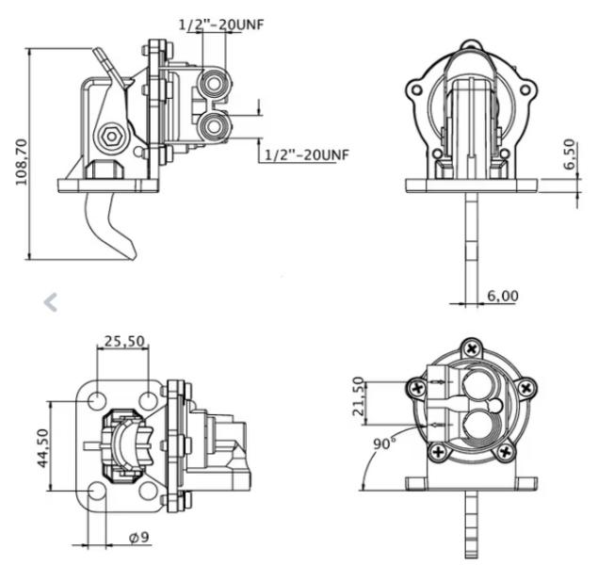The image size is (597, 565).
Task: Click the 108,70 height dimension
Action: pos(22,162)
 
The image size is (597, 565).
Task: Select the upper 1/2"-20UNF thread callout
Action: pos(221,24)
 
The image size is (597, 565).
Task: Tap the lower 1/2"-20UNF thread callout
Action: pos(306,154)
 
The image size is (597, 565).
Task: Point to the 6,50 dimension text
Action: pos(569,153)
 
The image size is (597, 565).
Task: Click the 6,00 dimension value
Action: pos(503,296)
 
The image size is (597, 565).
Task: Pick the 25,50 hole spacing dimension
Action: pos(124,341)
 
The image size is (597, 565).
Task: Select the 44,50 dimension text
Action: pos(43,447)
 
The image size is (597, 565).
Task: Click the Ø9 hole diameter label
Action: pos(139,537)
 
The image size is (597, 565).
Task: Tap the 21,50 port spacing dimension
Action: pos(358,395)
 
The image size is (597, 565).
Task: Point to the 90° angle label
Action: pos(384,444)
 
